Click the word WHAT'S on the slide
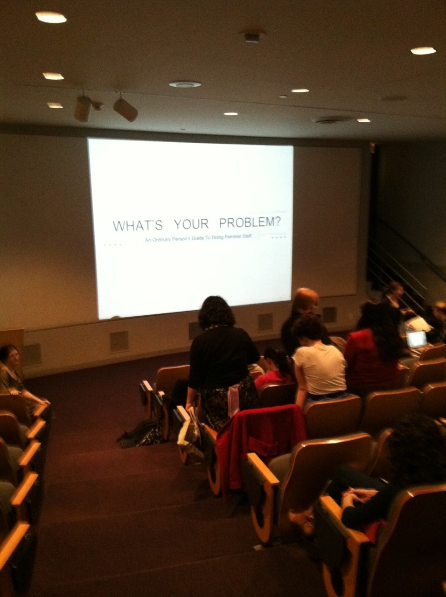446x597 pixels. pyautogui.click(x=138, y=225)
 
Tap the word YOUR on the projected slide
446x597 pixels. pyautogui.click(x=191, y=224)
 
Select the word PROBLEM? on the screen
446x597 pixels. pyautogui.click(x=250, y=222)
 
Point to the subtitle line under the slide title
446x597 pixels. pyautogui.click(x=198, y=238)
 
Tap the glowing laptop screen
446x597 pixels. pyautogui.click(x=416, y=339)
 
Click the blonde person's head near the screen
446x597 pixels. pyautogui.click(x=306, y=301)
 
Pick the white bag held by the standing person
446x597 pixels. pyautogui.click(x=188, y=432)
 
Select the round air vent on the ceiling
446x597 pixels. pyautogui.click(x=185, y=84)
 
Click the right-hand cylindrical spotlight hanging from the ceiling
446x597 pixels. pyautogui.click(x=125, y=109)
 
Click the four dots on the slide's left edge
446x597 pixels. pyautogui.click(x=112, y=245)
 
